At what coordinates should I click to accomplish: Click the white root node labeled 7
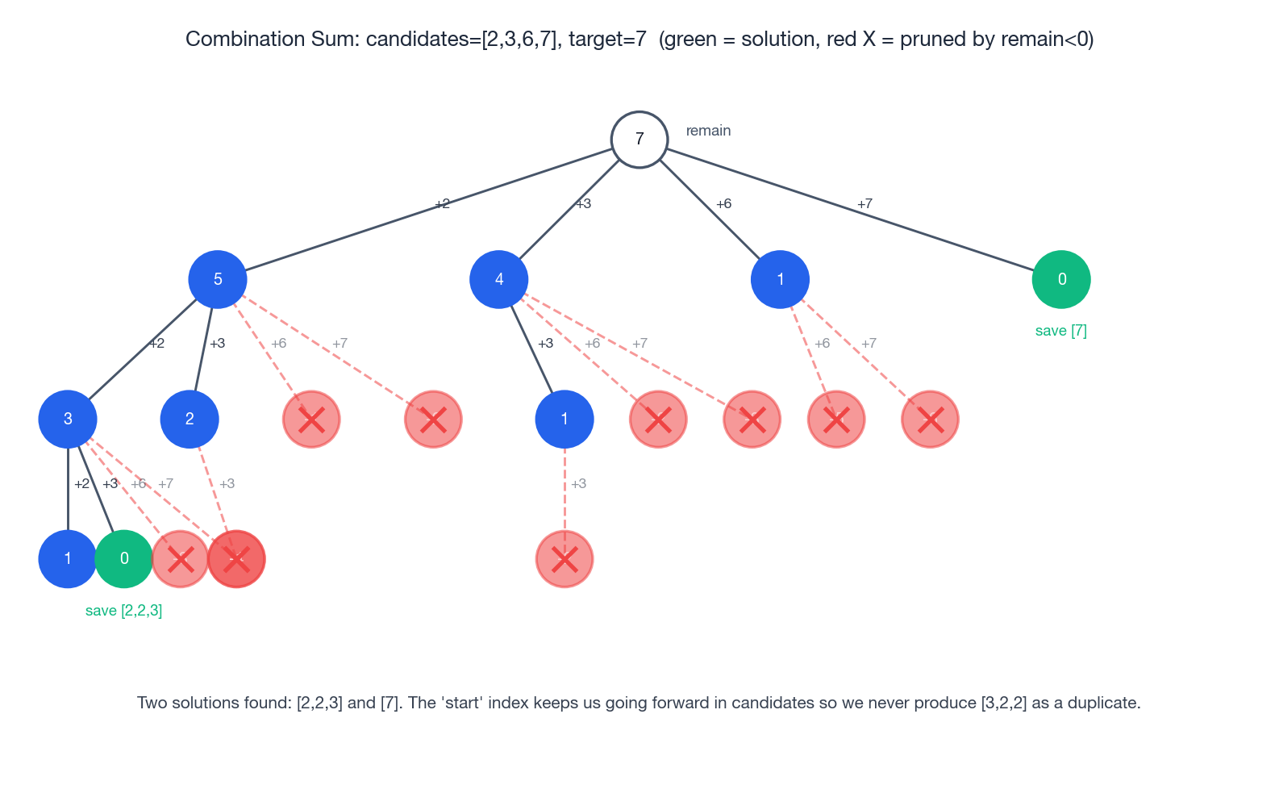coord(639,140)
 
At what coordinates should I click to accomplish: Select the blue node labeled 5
coord(218,279)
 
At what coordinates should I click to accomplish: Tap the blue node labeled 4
coord(499,279)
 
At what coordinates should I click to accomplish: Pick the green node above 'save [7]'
coord(1061,279)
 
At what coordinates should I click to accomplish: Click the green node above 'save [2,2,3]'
coord(124,558)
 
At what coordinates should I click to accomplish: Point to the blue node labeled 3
coord(68,419)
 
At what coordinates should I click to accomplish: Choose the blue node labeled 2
coord(190,419)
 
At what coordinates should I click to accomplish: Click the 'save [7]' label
coord(1061,331)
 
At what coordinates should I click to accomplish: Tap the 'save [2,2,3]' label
coord(124,611)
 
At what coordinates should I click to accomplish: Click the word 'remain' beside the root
coord(708,131)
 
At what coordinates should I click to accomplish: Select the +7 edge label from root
coord(864,203)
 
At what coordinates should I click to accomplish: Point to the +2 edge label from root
coord(442,203)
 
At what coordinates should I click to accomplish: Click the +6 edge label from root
coord(723,203)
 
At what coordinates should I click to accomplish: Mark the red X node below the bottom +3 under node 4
coord(565,558)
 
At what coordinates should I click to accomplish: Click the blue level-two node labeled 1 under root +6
coord(780,279)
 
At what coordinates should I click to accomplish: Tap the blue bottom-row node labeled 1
coord(68,558)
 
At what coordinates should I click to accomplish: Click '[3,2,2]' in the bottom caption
coord(1004,703)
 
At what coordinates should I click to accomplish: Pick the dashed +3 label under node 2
coord(227,483)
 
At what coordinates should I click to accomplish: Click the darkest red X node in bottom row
coord(236,558)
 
